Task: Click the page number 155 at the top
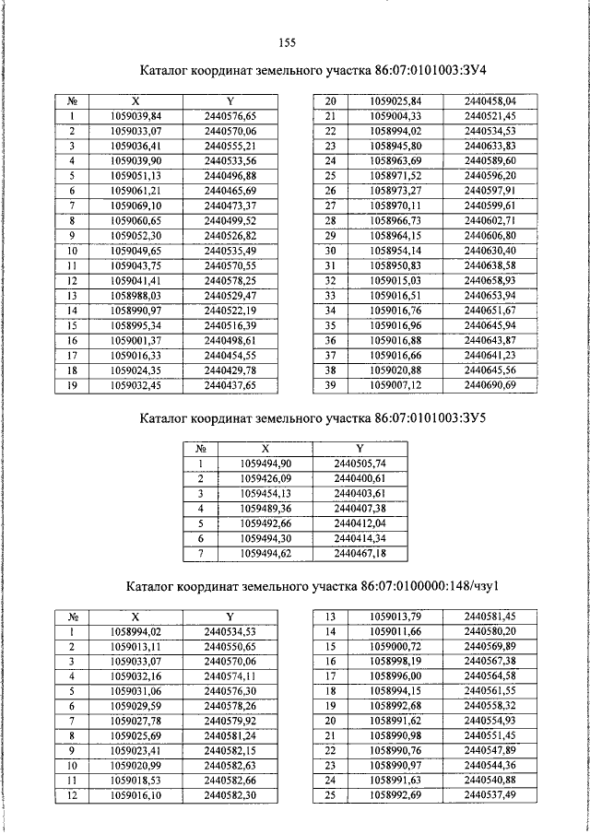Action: (x=286, y=41)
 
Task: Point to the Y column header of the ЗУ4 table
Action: (x=230, y=101)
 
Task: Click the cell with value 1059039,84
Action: (x=135, y=116)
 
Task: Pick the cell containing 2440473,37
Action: (x=230, y=205)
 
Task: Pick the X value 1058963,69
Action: (x=395, y=160)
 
